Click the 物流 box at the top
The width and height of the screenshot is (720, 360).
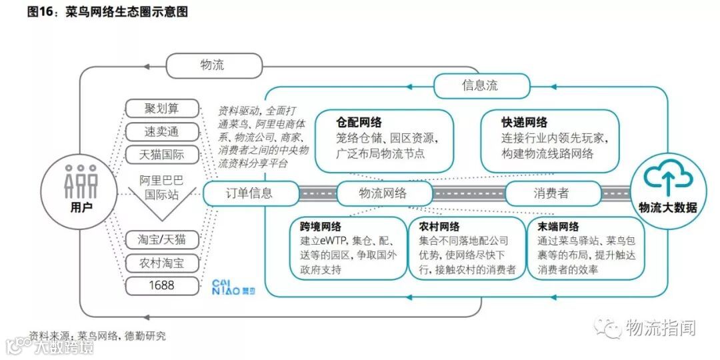click(x=212, y=65)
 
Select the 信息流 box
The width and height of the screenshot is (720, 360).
click(x=481, y=86)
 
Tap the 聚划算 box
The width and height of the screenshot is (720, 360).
click(x=162, y=108)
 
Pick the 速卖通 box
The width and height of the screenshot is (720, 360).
click(x=162, y=131)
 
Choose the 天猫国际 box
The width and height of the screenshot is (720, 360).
click(x=162, y=155)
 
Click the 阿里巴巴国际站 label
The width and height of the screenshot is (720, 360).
click(x=162, y=187)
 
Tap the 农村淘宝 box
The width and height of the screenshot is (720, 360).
click(x=162, y=263)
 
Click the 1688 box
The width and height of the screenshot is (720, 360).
click(x=162, y=286)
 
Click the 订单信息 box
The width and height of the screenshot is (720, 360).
click(x=248, y=193)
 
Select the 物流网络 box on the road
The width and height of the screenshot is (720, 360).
click(x=383, y=193)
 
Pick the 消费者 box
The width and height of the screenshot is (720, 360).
click(x=551, y=193)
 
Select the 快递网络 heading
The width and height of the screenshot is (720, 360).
click(x=524, y=123)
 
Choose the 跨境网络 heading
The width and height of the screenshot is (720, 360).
click(x=321, y=227)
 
